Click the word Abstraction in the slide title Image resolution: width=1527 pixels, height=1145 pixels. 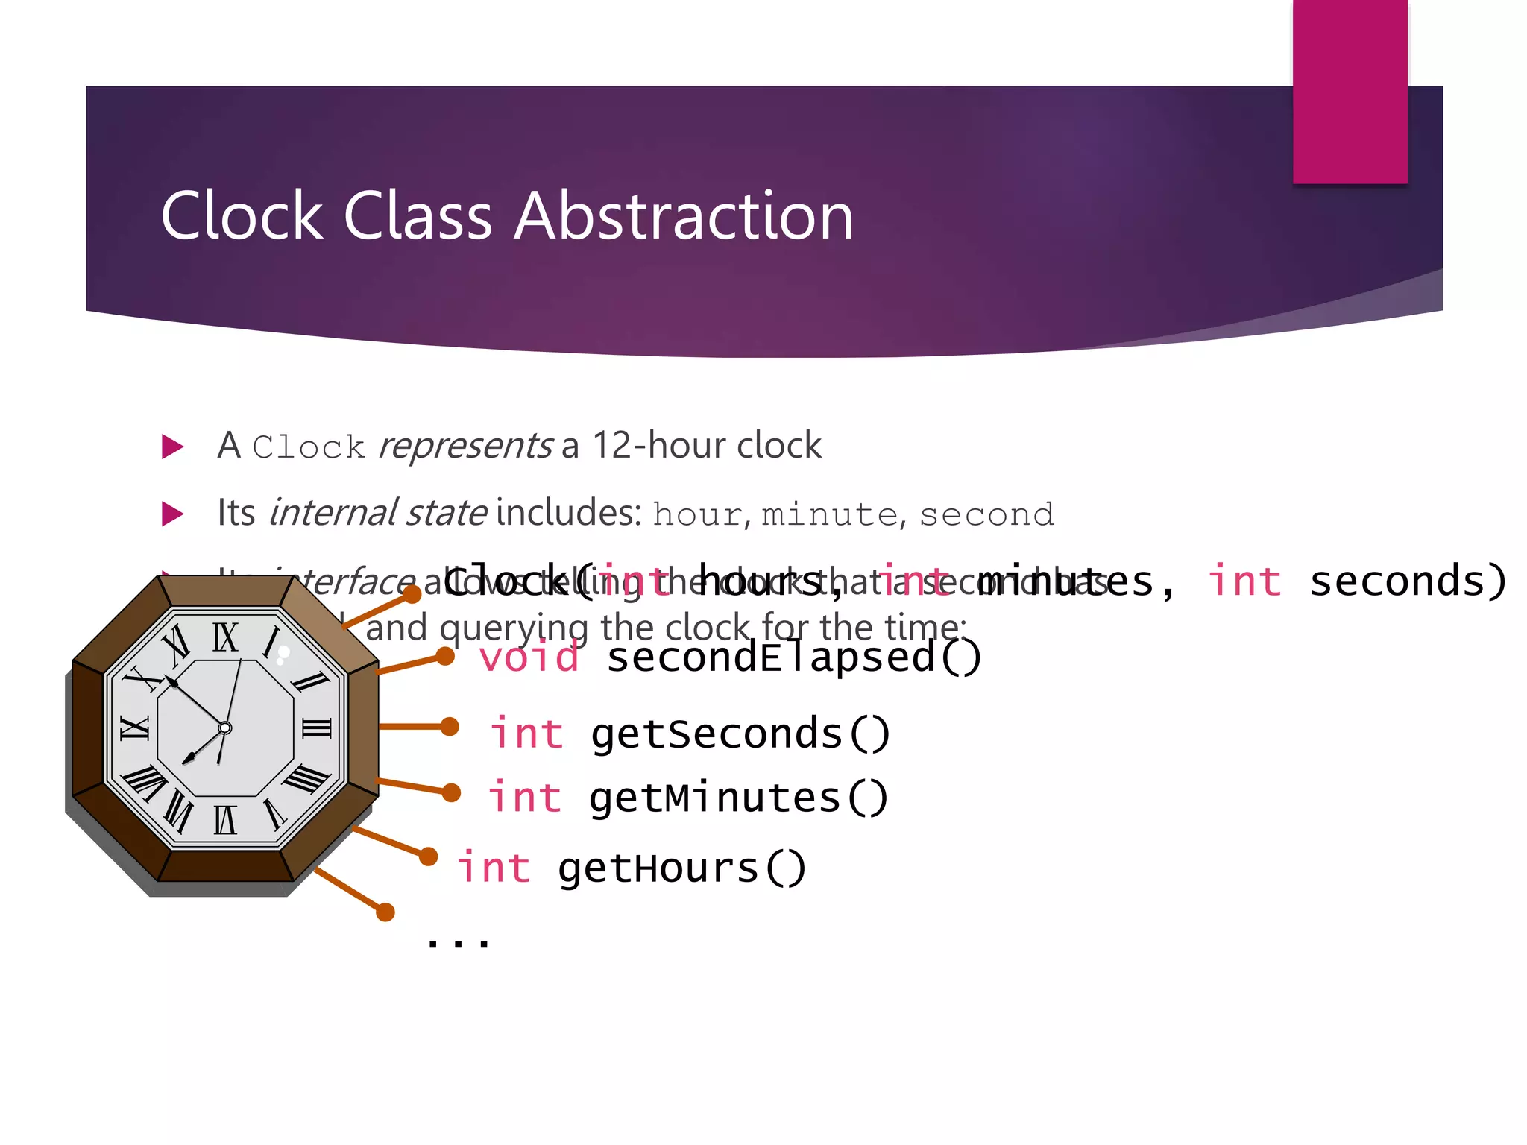coord(684,216)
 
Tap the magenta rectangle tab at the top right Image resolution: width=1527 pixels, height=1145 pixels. coord(1350,91)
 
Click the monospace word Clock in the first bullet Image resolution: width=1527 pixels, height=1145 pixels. coord(309,447)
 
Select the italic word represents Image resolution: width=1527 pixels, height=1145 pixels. coord(465,446)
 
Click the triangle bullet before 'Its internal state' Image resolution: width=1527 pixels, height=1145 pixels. coord(172,514)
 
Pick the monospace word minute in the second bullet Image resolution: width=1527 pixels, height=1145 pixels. coord(829,514)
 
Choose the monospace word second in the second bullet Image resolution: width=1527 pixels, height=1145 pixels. coord(986,514)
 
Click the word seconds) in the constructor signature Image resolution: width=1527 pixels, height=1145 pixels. coord(1408,581)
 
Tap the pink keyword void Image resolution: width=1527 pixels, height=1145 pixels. coord(529,658)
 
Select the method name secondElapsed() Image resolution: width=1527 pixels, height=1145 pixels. coord(793,658)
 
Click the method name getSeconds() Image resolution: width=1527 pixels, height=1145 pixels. coord(740,734)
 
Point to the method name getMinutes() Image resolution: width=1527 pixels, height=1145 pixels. coord(738,798)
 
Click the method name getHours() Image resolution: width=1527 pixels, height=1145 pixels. coord(681,869)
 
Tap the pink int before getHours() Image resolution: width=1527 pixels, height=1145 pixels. coord(494,869)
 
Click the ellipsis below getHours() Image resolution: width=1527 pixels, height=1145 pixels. coord(458,943)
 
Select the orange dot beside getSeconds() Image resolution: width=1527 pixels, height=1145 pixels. coord(450,726)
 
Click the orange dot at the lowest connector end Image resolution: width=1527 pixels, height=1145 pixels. coord(385,912)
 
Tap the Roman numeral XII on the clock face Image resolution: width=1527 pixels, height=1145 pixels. coord(225,638)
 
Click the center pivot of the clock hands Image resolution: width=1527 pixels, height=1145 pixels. coord(225,728)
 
